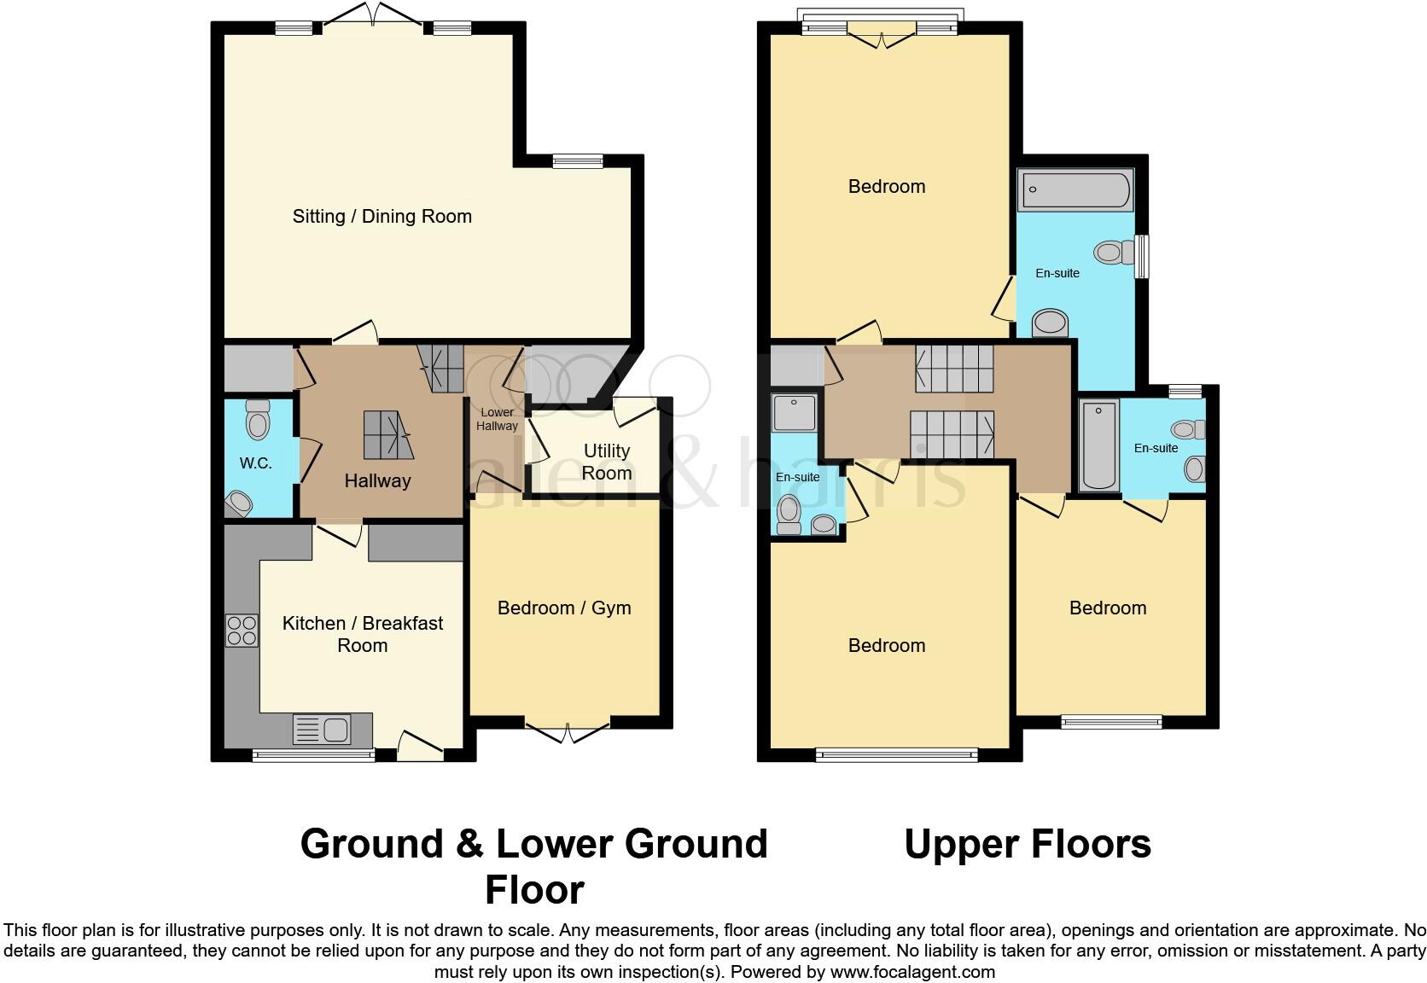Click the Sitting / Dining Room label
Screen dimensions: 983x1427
tap(382, 216)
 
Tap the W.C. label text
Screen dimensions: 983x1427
tap(255, 463)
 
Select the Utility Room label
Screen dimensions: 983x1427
tap(607, 462)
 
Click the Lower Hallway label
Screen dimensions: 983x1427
tap(497, 419)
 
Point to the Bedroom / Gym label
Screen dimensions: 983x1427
tap(564, 608)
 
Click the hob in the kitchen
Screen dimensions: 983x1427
tap(242, 631)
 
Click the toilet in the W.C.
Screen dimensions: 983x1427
tap(257, 419)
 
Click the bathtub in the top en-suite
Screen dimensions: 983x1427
tap(1075, 189)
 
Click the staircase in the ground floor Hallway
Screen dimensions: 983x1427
tap(388, 433)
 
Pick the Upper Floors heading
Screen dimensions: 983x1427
tap(1027, 844)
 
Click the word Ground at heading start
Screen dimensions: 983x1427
tap(371, 844)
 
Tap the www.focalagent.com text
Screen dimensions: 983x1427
tap(912, 971)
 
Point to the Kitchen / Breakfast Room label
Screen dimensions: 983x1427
tap(363, 634)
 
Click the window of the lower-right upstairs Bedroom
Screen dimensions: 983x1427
tap(1111, 722)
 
